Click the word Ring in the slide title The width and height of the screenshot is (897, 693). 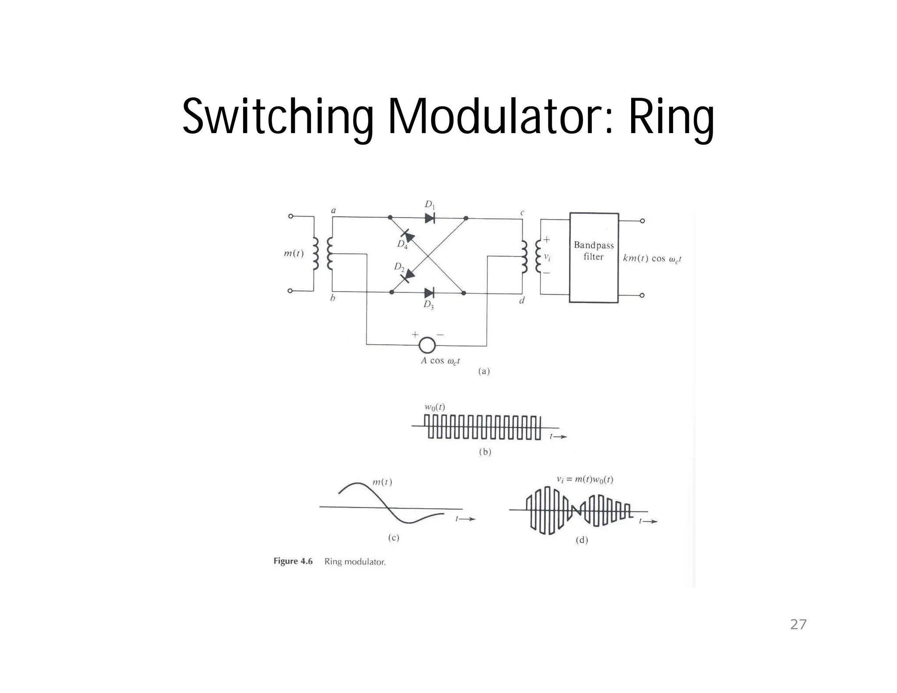pyautogui.click(x=671, y=116)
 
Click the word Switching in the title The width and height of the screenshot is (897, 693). pyautogui.click(x=277, y=116)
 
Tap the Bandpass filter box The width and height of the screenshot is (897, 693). pyautogui.click(x=593, y=258)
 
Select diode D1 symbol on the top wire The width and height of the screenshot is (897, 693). pyautogui.click(x=430, y=218)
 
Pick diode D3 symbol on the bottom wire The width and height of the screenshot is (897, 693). pyautogui.click(x=429, y=293)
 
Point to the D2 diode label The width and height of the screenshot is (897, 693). pyautogui.click(x=399, y=267)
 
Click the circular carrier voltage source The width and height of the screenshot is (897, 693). pyautogui.click(x=427, y=345)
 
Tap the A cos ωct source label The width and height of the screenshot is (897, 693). pyautogui.click(x=440, y=361)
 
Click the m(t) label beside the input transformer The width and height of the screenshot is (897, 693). pyautogui.click(x=293, y=254)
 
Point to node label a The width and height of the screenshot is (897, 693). pyautogui.click(x=333, y=211)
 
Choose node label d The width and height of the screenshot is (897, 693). pyautogui.click(x=522, y=301)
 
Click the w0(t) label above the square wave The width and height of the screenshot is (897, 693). pyautogui.click(x=434, y=407)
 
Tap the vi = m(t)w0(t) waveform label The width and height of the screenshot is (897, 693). pyautogui.click(x=585, y=480)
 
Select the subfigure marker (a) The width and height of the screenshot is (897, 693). pyautogui.click(x=484, y=371)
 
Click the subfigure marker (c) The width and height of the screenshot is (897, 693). pyautogui.click(x=394, y=538)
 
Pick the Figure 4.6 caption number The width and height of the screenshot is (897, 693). pyautogui.click(x=293, y=561)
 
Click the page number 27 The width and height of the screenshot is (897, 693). pyautogui.click(x=798, y=624)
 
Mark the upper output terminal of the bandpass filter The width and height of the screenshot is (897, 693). pyautogui.click(x=642, y=221)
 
